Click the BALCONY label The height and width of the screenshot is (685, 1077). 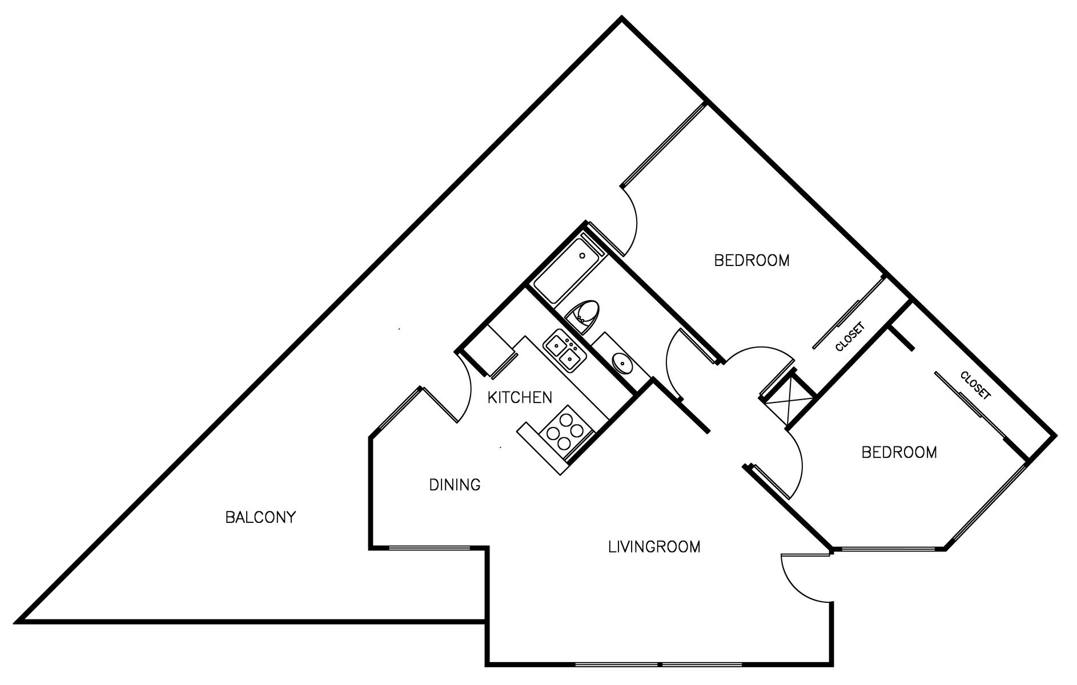pyautogui.click(x=260, y=517)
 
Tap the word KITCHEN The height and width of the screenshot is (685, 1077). pyautogui.click(x=520, y=397)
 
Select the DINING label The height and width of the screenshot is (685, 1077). pyautogui.click(x=455, y=485)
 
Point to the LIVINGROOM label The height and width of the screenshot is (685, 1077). pyautogui.click(x=654, y=547)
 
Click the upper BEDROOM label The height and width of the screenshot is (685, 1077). pyautogui.click(x=752, y=260)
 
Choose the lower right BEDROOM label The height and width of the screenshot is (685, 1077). pyautogui.click(x=899, y=453)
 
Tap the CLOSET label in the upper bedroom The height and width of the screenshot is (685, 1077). pyautogui.click(x=850, y=337)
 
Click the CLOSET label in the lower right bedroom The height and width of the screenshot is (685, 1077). pyautogui.click(x=975, y=385)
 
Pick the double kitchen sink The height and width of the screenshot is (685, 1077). pyautogui.click(x=565, y=353)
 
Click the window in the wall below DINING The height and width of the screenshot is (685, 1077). pyautogui.click(x=429, y=548)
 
